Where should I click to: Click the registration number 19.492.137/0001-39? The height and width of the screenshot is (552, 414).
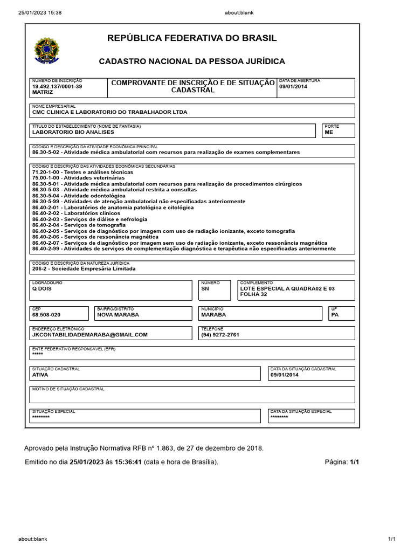pos(57,86)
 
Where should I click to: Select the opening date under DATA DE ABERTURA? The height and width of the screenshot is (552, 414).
pos(293,86)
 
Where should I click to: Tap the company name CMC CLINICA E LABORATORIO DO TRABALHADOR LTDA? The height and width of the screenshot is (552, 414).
pos(109,113)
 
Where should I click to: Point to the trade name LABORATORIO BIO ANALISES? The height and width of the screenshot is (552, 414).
pos(73,132)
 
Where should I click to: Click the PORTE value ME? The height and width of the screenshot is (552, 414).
pos(329,132)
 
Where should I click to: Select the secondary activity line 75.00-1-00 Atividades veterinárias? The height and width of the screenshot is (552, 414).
pos(78,177)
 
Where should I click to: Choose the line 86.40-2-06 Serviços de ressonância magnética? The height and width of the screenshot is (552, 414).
pos(95,237)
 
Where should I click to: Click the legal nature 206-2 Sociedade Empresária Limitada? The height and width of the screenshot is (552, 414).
pos(84,268)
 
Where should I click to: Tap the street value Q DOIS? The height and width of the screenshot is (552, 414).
pos(42,288)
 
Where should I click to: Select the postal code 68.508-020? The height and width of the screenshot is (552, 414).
pos(46,315)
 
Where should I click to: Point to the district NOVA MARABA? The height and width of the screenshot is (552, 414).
pos(118,315)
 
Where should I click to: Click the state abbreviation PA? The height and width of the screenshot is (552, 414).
pos(335,315)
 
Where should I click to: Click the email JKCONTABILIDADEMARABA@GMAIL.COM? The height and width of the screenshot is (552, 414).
pos(89,335)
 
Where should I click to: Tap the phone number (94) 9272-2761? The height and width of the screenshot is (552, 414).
pos(220,335)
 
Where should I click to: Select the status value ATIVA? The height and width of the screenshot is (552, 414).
pos(40,375)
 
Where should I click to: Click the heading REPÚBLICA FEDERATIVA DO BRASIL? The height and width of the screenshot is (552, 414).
pos(192,38)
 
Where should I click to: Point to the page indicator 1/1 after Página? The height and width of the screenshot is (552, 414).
pos(354,462)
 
